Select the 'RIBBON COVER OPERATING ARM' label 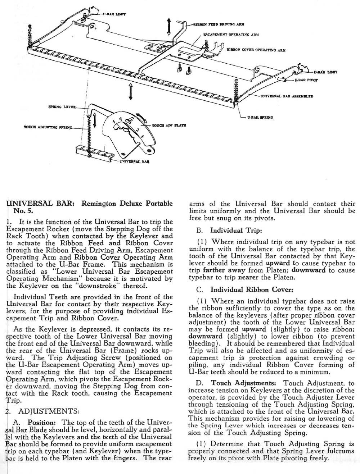pyautogui.click(x=256, y=50)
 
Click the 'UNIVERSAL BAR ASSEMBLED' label pyautogui.click(x=287, y=96)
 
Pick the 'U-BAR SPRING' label pyautogui.click(x=260, y=118)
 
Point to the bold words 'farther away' pyautogui.click(x=220, y=270)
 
